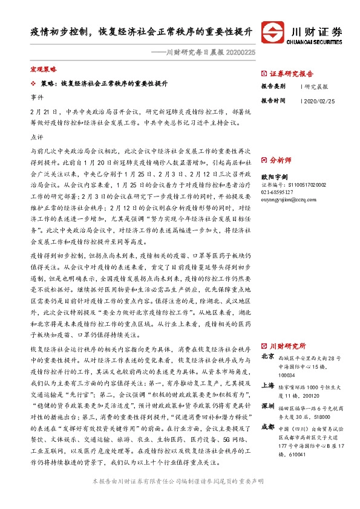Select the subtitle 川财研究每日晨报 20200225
(203, 53)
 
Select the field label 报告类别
(273, 86)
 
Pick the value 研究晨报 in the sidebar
(316, 86)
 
